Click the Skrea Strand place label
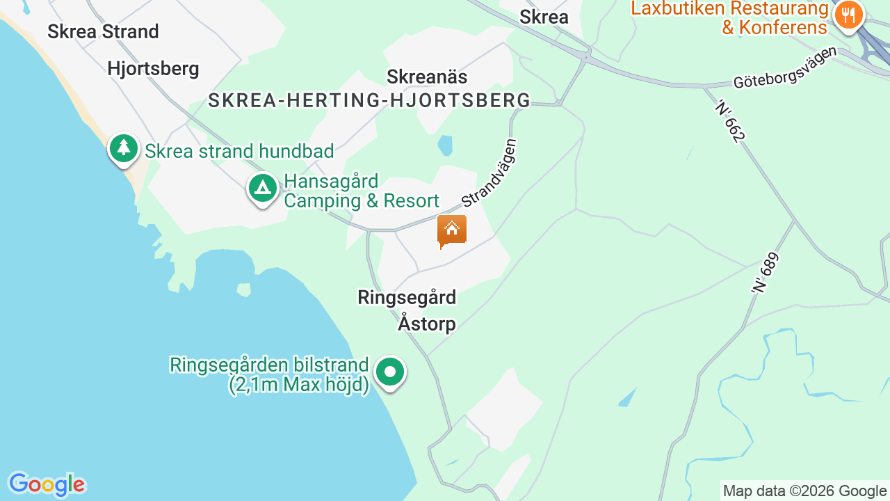tap(103, 31)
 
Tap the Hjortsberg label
tap(153, 69)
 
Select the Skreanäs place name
tap(427, 76)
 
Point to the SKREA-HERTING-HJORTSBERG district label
tap(369, 101)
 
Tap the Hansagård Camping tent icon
tap(263, 187)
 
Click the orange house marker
tap(451, 230)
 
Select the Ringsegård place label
tap(407, 297)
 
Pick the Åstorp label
tap(427, 324)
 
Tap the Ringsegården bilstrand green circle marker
tap(390, 372)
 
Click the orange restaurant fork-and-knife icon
tap(848, 15)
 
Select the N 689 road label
tap(765, 272)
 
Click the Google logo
tap(47, 484)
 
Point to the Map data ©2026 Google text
tap(804, 491)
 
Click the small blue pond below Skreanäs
tap(445, 145)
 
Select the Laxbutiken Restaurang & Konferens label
tap(730, 18)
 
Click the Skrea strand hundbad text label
tap(239, 151)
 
